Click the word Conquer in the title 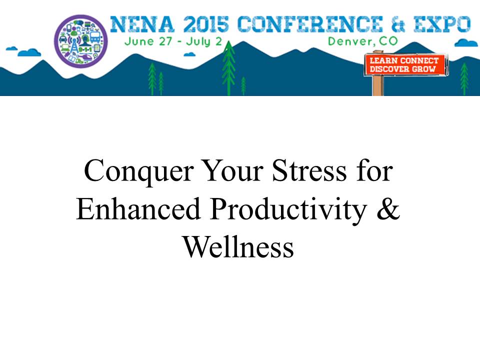click(x=139, y=171)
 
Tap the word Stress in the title click(x=309, y=170)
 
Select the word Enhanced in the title click(x=138, y=209)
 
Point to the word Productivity click(x=288, y=210)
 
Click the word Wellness click(x=238, y=246)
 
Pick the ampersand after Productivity click(x=388, y=208)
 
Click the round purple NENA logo click(x=81, y=40)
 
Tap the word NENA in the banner click(x=142, y=24)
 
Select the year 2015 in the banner click(x=206, y=24)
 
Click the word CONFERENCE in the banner click(x=310, y=24)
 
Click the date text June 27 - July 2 click(x=173, y=41)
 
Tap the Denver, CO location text click(x=362, y=41)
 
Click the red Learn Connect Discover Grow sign click(x=404, y=64)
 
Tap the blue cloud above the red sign click(x=466, y=43)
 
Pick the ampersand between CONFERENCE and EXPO click(x=398, y=24)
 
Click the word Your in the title click(x=233, y=170)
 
